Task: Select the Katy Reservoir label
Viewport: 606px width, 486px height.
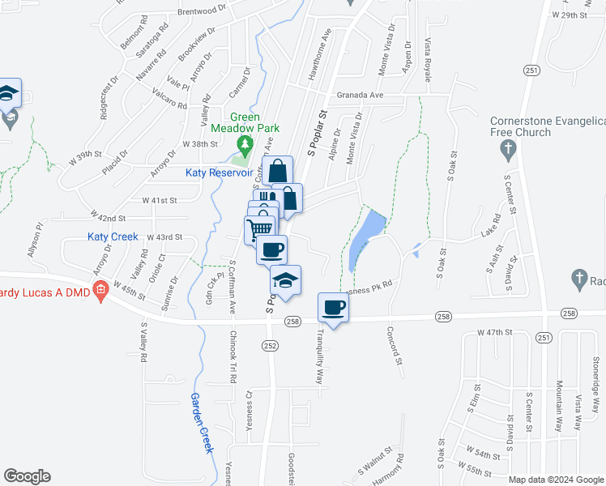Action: pyautogui.click(x=220, y=173)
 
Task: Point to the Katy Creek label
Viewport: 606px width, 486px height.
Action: pyautogui.click(x=113, y=237)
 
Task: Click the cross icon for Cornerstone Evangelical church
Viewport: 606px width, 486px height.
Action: pyautogui.click(x=508, y=148)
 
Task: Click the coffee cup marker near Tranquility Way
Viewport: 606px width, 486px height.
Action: pyautogui.click(x=334, y=308)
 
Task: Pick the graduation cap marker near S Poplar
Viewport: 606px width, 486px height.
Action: pyautogui.click(x=285, y=280)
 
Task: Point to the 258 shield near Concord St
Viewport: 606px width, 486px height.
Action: pyautogui.click(x=442, y=316)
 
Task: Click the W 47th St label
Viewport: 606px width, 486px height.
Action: pyautogui.click(x=496, y=332)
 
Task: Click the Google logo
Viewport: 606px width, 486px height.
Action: pyautogui.click(x=27, y=476)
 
